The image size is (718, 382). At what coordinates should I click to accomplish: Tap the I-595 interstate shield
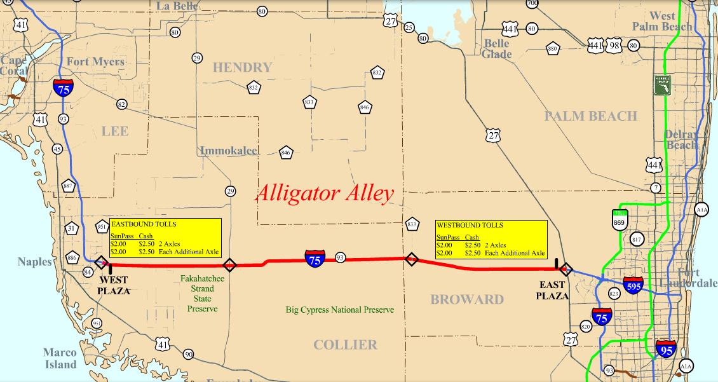point(633,285)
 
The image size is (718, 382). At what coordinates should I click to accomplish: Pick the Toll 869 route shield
point(620,220)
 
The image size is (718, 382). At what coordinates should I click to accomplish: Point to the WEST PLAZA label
point(113,285)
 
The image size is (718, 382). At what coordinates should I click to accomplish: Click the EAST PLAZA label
point(552,290)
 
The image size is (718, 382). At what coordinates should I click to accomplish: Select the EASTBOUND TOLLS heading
point(144,224)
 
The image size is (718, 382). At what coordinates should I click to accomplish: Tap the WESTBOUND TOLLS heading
point(470,225)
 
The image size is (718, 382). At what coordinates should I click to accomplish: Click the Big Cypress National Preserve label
point(339,310)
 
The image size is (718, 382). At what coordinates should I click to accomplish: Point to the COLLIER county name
point(345,344)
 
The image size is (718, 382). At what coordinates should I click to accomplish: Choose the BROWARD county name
point(467,299)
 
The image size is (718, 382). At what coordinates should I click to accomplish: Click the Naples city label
point(34,262)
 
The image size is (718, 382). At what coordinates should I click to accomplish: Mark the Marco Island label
point(60,358)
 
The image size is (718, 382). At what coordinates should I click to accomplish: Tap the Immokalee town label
point(229,151)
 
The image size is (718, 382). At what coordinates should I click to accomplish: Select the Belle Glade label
point(497,49)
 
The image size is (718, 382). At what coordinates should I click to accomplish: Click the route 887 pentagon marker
point(69,187)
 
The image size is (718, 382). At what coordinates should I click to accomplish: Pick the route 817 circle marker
point(637,239)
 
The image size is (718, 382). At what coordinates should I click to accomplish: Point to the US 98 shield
point(614,46)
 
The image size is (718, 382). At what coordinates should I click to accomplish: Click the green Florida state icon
point(663,86)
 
